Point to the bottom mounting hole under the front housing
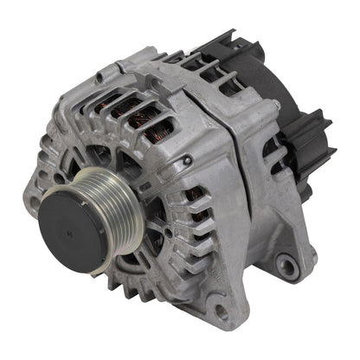point(223,312)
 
